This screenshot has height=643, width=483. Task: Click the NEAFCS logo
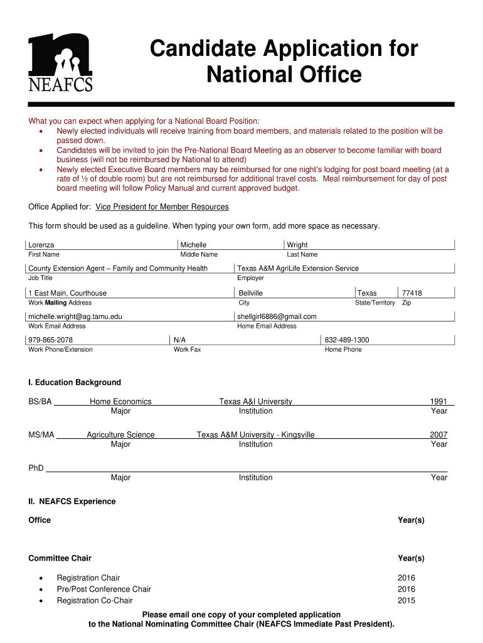pyautogui.click(x=61, y=62)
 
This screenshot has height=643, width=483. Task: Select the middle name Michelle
pyautogui.click(x=193, y=245)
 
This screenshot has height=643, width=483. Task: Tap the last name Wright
pyautogui.click(x=297, y=245)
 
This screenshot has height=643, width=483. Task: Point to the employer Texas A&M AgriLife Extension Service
pyautogui.click(x=298, y=268)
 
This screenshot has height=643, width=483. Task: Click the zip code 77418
pyautogui.click(x=411, y=293)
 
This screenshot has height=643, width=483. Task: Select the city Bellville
pyautogui.click(x=251, y=293)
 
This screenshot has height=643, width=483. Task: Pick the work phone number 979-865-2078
pyautogui.click(x=51, y=340)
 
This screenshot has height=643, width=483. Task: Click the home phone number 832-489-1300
pyautogui.click(x=347, y=340)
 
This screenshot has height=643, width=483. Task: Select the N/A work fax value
pyautogui.click(x=179, y=340)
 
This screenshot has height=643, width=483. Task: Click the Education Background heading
pyautogui.click(x=75, y=382)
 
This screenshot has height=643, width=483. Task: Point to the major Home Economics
pyautogui.click(x=120, y=401)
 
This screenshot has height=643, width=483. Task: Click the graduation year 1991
pyautogui.click(x=438, y=401)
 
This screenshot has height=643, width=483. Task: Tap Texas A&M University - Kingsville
pyautogui.click(x=255, y=435)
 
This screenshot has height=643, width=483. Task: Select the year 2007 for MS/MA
pyautogui.click(x=438, y=435)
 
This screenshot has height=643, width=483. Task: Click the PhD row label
pyautogui.click(x=36, y=468)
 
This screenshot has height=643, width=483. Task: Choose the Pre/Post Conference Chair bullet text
pyautogui.click(x=103, y=589)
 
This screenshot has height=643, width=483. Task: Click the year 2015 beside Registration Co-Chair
pyautogui.click(x=406, y=600)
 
